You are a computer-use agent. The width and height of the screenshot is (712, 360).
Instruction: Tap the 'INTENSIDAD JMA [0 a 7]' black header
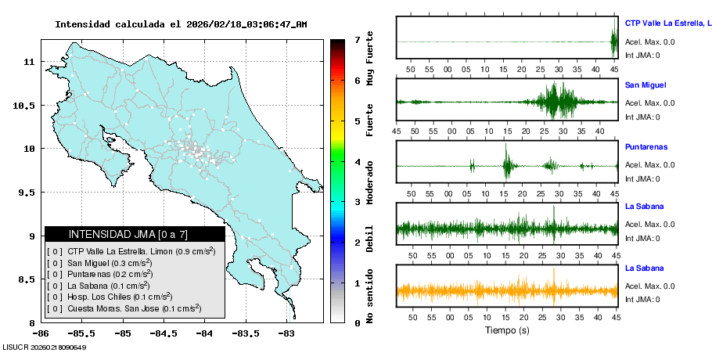click(x=135, y=234)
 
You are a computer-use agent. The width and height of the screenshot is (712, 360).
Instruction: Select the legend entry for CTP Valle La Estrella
click(x=135, y=251)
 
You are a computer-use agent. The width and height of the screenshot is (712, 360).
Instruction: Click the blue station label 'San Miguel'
click(x=645, y=85)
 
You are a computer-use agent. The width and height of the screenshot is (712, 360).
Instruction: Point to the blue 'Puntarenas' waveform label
click(x=646, y=147)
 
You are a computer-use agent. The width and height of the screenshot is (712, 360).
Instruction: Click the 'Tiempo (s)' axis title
click(x=506, y=330)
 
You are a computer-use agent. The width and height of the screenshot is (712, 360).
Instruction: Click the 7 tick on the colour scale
click(x=357, y=39)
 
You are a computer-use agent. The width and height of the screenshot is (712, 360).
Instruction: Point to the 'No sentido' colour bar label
click(x=370, y=298)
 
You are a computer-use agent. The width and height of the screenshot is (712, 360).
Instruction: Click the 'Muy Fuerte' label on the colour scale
click(x=370, y=59)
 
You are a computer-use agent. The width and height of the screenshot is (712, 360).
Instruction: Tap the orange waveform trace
click(x=506, y=290)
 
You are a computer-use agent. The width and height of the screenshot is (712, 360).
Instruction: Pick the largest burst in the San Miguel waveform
click(x=556, y=100)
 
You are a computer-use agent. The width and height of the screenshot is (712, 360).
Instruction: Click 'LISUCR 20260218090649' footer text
click(x=44, y=347)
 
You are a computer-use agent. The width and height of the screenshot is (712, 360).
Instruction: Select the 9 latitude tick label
click(x=30, y=236)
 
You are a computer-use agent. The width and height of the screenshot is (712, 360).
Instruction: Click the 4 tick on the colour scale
click(x=357, y=162)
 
